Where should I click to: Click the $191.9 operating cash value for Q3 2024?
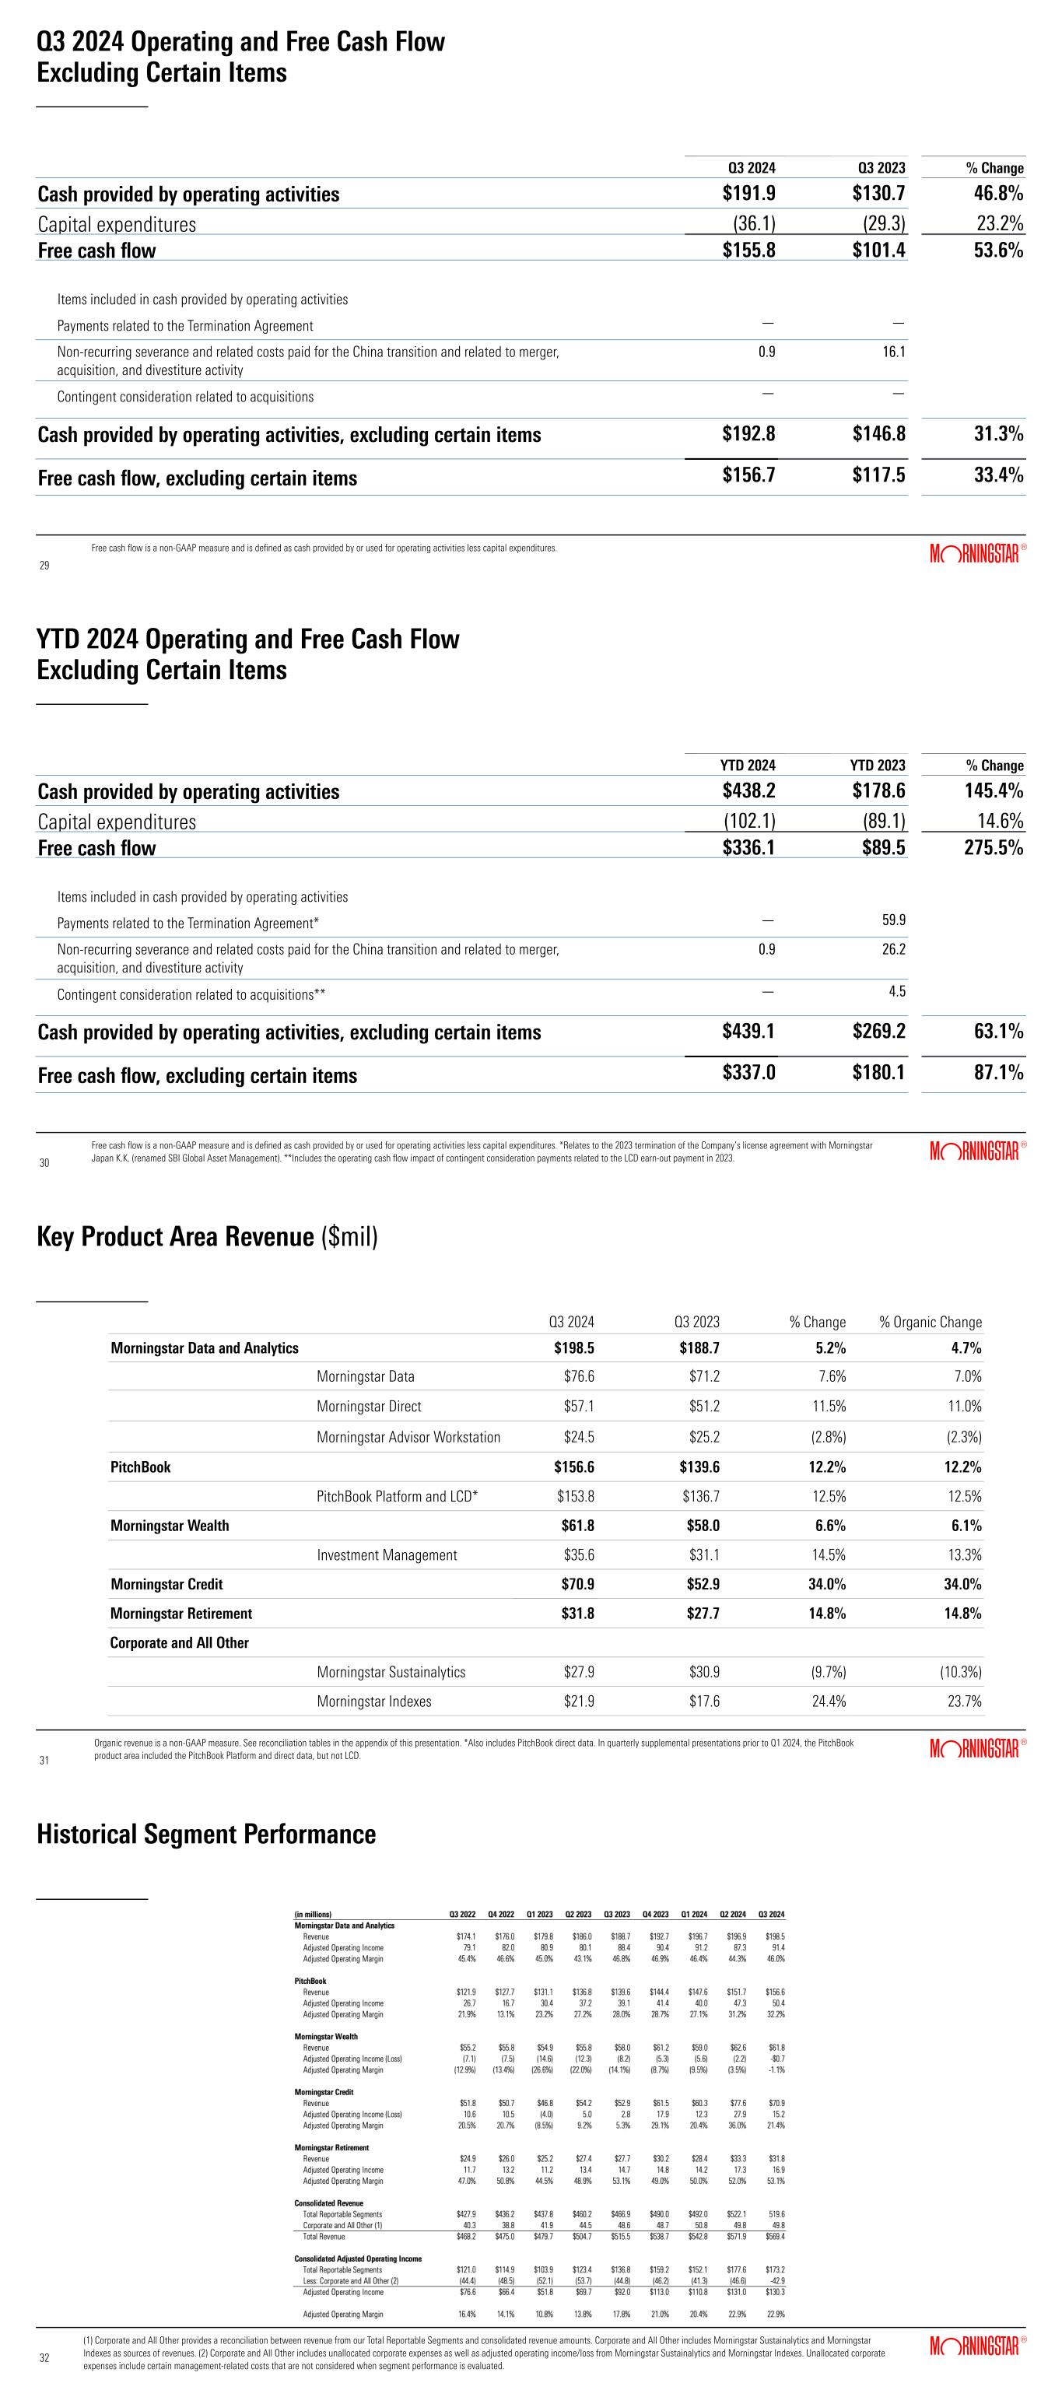click(748, 194)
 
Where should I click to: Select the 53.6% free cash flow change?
click(997, 251)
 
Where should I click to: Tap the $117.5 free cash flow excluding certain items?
click(878, 476)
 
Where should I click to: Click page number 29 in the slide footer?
click(44, 565)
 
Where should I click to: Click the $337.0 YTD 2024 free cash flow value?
click(748, 1074)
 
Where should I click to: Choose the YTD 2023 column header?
click(878, 766)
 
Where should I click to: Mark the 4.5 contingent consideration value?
click(897, 992)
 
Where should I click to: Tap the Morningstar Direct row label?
click(369, 1407)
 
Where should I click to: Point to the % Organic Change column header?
click(931, 1322)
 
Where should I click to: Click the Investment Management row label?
click(387, 1555)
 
